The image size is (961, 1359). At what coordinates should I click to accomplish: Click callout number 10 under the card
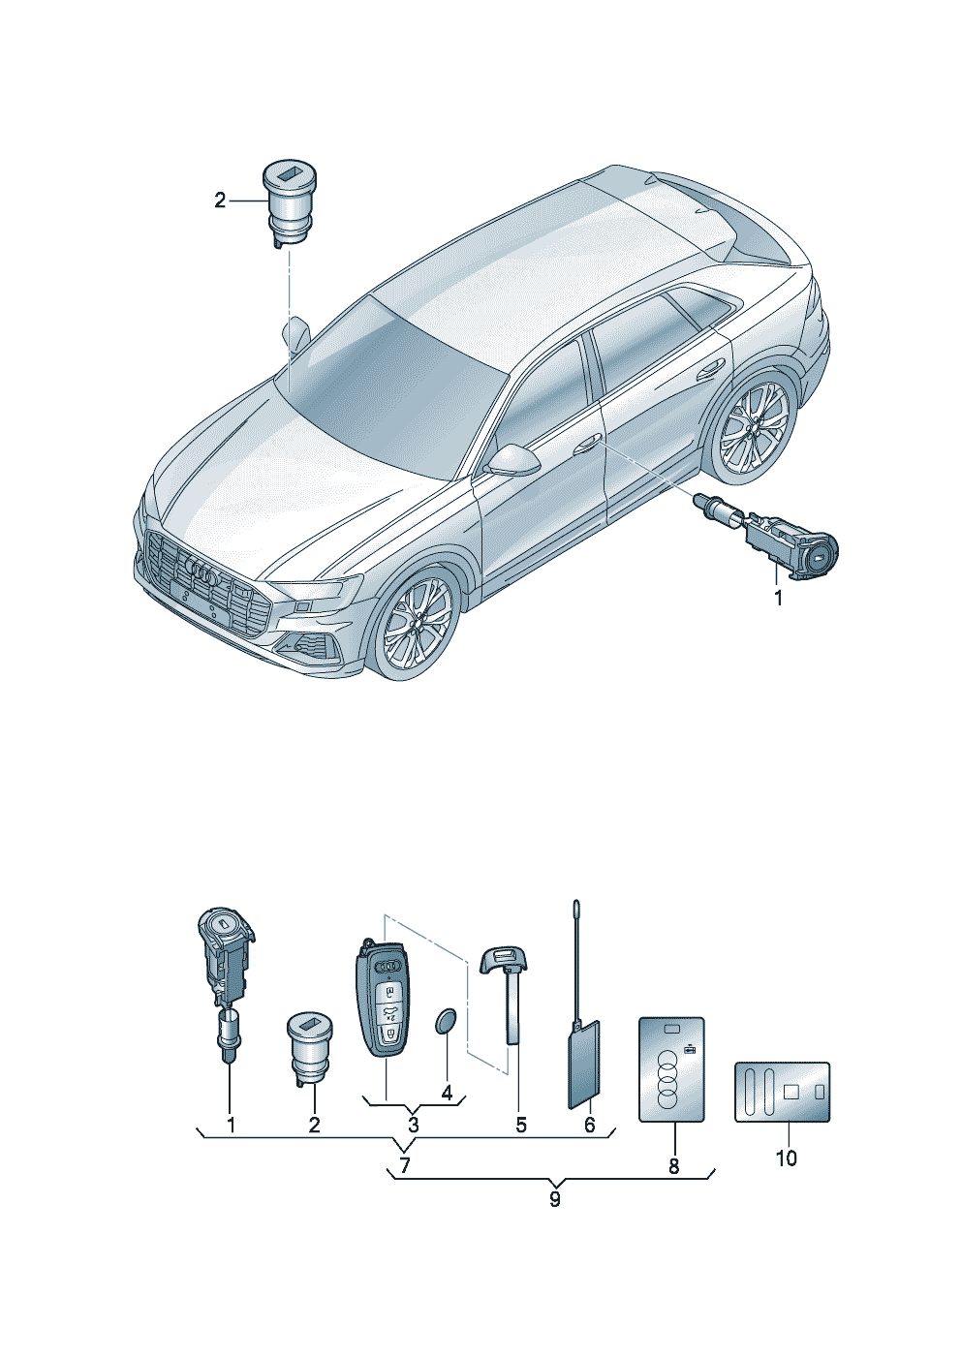[786, 1158]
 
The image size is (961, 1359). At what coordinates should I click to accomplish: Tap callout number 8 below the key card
[673, 1165]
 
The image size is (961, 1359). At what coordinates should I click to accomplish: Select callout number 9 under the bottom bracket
[554, 1199]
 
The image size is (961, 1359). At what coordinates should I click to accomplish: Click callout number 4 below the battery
[447, 1093]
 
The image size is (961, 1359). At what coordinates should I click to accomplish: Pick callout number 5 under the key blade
[520, 1125]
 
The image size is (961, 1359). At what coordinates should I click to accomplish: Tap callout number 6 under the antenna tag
[590, 1125]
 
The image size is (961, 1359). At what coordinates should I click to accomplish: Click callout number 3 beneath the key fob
[413, 1125]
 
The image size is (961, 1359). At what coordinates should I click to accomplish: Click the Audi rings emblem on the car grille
[203, 571]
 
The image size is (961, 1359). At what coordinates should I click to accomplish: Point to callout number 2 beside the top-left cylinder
[220, 201]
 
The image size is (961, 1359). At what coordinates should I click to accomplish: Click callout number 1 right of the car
[777, 598]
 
